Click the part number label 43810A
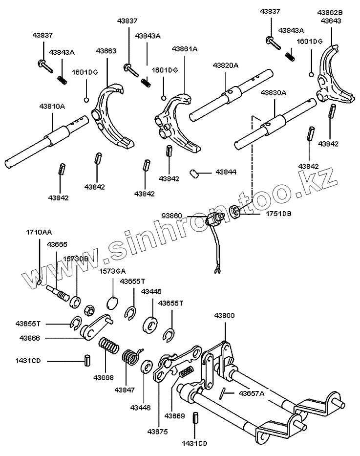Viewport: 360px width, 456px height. pyautogui.click(x=52, y=105)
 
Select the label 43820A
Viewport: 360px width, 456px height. pyautogui.click(x=225, y=65)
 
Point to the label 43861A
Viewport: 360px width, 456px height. pyautogui.click(x=185, y=49)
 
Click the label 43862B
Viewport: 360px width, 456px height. pyautogui.click(x=331, y=13)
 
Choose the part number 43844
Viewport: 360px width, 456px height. pyautogui.click(x=226, y=173)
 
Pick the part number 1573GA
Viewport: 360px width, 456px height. pyautogui.click(x=112, y=271)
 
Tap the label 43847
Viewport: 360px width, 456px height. pyautogui.click(x=125, y=390)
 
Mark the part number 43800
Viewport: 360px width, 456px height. pyautogui.click(x=224, y=316)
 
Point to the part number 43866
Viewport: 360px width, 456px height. pyautogui.click(x=30, y=337)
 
